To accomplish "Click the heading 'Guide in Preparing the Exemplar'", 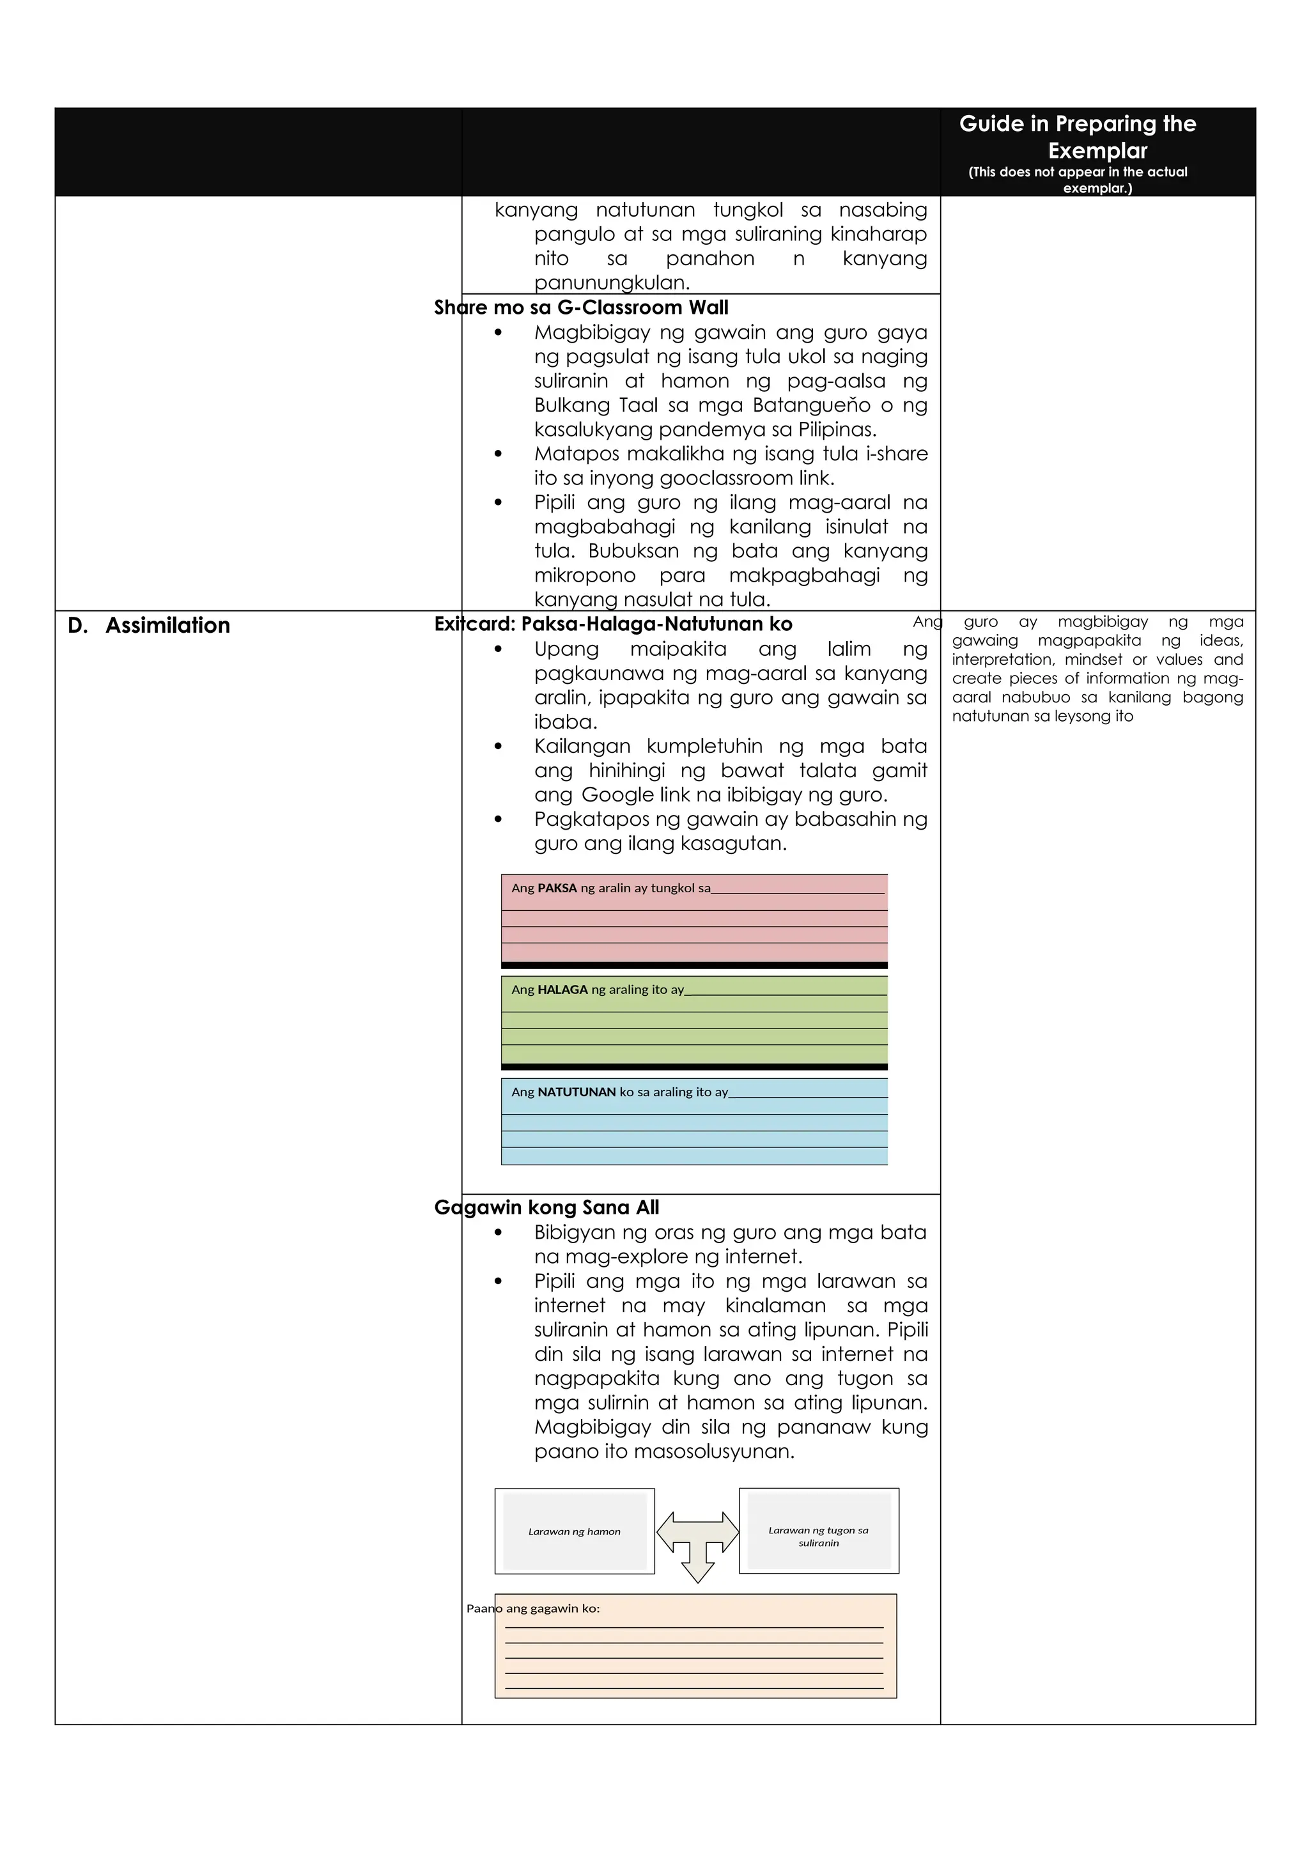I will pyautogui.click(x=1077, y=136).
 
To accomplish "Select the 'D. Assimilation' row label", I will pyautogui.click(x=149, y=626).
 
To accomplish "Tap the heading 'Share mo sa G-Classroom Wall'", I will pyautogui.click(x=580, y=307).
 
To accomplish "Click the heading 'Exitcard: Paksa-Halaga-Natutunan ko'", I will pyautogui.click(x=612, y=624).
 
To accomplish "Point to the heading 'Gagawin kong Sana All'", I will pyautogui.click(x=546, y=1207).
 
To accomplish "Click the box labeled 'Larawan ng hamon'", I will pyautogui.click(x=574, y=1530).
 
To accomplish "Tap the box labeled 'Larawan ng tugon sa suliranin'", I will pyautogui.click(x=818, y=1530).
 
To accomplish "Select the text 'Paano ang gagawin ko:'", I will pyautogui.click(x=533, y=1608).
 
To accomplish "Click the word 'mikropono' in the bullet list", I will pyautogui.click(x=584, y=576).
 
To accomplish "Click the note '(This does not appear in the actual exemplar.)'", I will pyautogui.click(x=1077, y=180).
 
